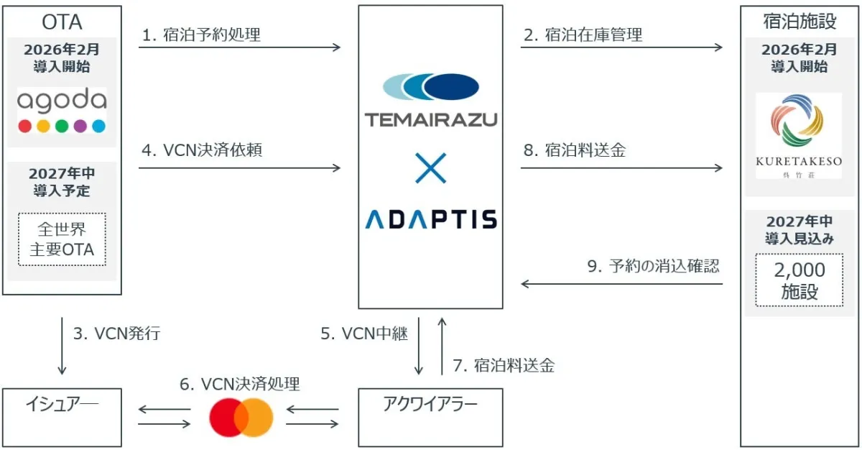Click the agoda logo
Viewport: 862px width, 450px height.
coord(62,110)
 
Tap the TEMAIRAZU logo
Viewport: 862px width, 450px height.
coord(431,101)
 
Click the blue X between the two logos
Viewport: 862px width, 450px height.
coord(431,167)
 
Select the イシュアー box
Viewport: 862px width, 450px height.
coord(62,417)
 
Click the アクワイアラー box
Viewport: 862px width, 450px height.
coord(431,417)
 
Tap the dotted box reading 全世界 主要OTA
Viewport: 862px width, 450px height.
coord(62,239)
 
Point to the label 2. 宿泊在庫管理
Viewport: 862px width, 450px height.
coord(583,35)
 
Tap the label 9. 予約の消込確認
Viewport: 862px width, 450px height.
coord(653,267)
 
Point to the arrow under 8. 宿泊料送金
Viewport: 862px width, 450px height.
coord(621,168)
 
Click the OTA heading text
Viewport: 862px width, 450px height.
coord(62,22)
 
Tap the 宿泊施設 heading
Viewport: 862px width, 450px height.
coord(800,22)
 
